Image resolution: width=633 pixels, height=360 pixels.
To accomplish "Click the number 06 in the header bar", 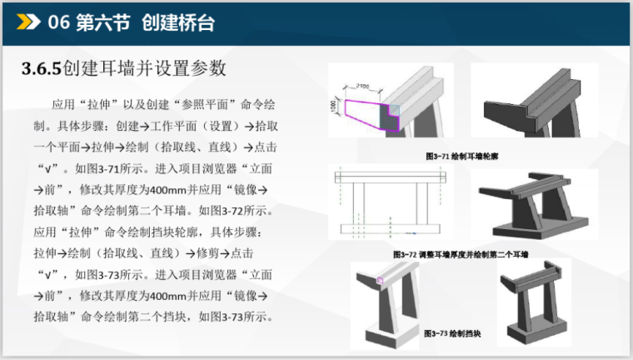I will point(58,22).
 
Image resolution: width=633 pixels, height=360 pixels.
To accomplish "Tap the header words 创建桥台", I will point(177,22).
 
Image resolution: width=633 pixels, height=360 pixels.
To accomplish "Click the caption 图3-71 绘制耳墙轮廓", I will point(461,156).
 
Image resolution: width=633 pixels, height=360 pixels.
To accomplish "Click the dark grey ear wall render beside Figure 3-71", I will point(530,104).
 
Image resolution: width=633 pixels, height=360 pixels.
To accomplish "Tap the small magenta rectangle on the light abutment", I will point(380,281).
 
